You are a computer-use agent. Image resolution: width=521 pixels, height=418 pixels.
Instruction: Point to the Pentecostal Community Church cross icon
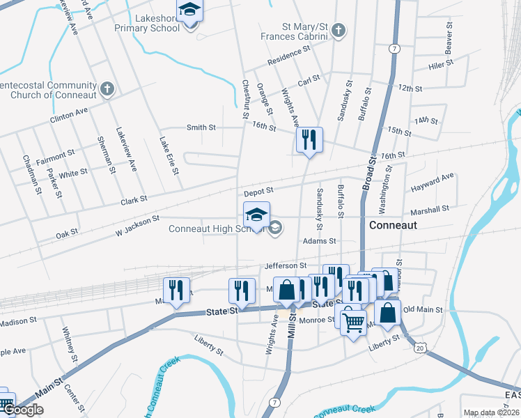pos(107,89)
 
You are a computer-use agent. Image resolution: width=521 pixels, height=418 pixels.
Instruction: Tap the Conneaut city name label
pos(393,225)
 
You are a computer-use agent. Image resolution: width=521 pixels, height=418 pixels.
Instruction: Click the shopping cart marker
pos(353,321)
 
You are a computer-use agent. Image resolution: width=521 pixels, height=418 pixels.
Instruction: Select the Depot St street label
pos(258,191)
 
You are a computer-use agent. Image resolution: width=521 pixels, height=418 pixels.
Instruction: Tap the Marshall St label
pos(430,210)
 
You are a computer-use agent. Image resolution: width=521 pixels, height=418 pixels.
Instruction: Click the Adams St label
pos(319,241)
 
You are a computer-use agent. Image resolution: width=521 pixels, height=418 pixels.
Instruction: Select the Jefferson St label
pos(286,265)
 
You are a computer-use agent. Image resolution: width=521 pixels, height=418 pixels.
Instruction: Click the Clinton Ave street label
pos(69,115)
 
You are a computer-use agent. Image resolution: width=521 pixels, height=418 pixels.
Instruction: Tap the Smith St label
pos(201,127)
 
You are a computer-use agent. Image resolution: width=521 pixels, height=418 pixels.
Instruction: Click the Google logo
pos(24,410)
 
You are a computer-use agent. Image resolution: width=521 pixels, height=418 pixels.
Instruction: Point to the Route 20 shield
pos(419,347)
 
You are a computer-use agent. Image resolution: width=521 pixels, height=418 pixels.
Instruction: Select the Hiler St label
pos(441,63)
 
